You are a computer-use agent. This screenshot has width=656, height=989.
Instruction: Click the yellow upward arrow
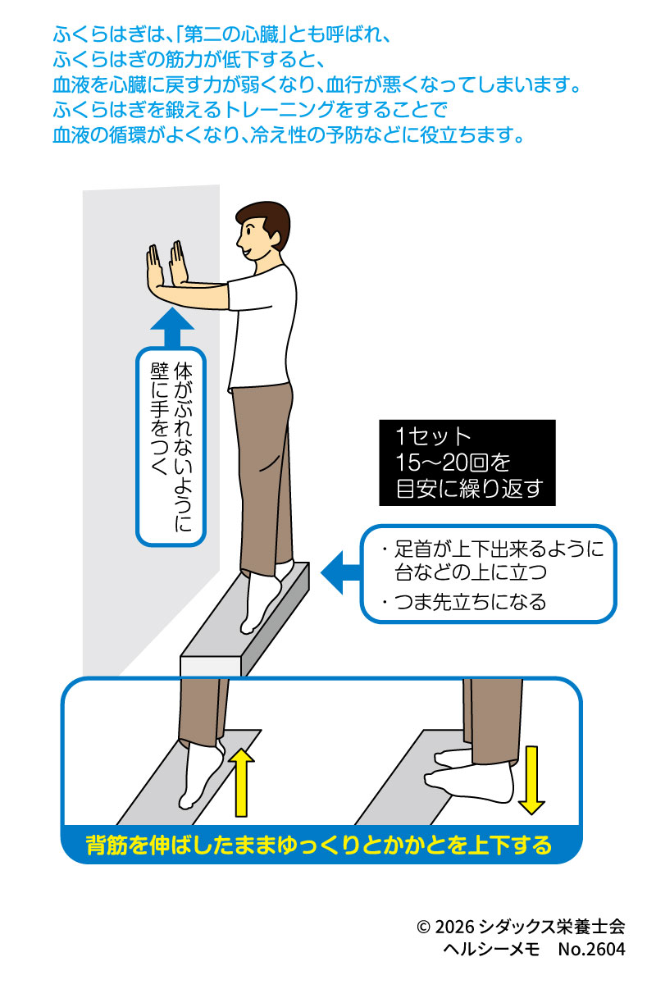241,783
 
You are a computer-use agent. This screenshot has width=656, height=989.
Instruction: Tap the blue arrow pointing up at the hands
171,331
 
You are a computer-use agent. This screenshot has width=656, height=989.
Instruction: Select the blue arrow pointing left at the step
339,573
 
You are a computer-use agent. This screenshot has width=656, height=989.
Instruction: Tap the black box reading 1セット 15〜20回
467,463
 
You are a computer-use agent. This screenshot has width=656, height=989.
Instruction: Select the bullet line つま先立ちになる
464,603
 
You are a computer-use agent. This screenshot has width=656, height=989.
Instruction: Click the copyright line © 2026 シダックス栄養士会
521,927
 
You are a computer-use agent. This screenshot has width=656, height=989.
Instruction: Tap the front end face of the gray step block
206,665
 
